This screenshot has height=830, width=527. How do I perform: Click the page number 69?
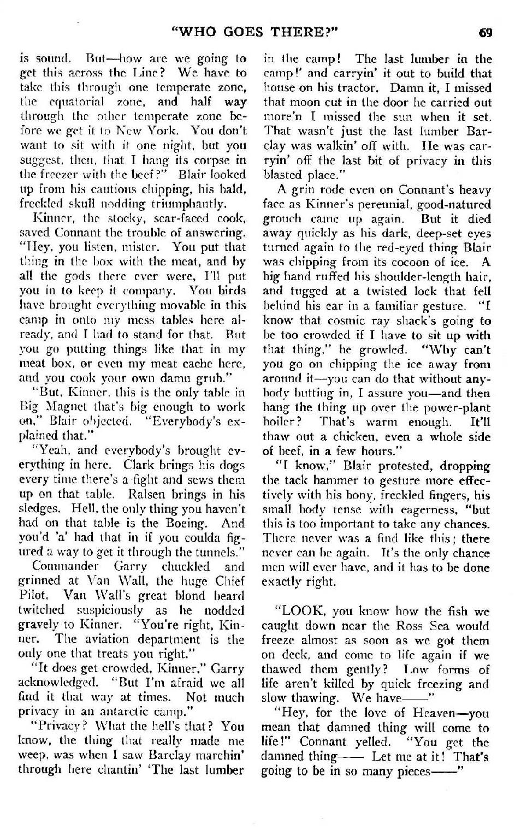coord(485,32)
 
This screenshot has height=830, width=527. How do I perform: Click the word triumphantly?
coord(178,204)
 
